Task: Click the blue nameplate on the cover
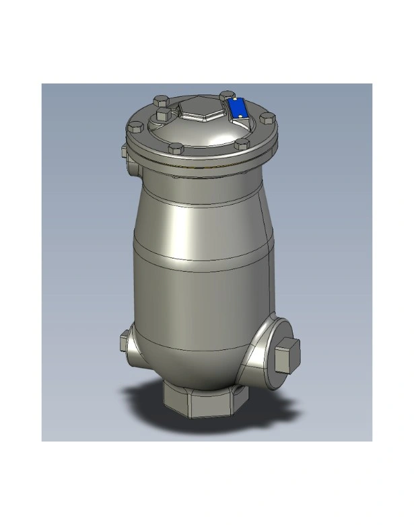[x=239, y=110]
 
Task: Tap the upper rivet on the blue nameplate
[x=236, y=102]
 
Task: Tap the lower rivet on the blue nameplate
[x=243, y=118]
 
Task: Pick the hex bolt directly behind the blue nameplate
[x=226, y=97]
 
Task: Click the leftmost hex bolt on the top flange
[x=134, y=127]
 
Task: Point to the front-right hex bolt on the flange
[x=240, y=144]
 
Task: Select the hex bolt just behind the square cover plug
[x=161, y=102]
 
